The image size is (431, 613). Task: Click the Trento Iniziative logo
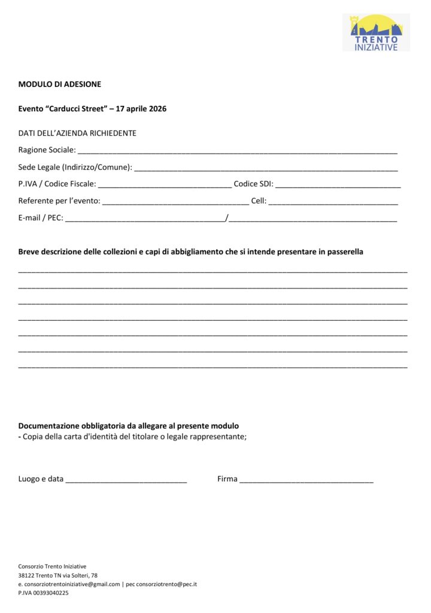(x=376, y=33)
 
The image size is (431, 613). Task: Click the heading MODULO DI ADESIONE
(x=59, y=84)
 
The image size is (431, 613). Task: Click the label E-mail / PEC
(x=40, y=218)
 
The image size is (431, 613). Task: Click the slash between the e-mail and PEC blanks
(x=227, y=218)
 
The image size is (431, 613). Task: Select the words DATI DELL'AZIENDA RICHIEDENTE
(x=77, y=133)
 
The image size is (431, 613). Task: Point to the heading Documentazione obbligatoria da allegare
(x=129, y=426)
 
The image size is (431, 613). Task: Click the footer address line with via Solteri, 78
(x=57, y=575)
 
